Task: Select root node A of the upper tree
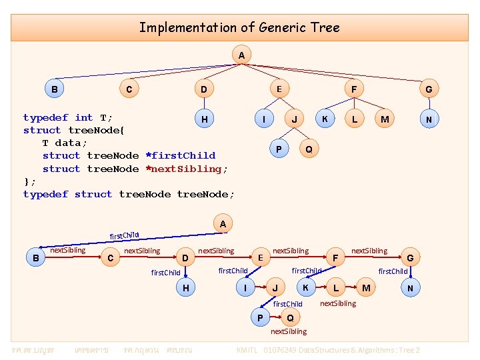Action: click(x=241, y=54)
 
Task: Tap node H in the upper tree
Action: click(x=204, y=119)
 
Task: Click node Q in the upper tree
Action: click(x=308, y=149)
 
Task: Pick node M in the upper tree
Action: click(x=384, y=119)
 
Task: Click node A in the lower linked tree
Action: click(x=223, y=224)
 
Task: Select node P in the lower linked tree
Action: click(x=260, y=317)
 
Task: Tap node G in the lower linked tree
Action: click(x=410, y=257)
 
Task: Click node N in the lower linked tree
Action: click(x=410, y=288)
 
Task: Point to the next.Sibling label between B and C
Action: click(x=68, y=250)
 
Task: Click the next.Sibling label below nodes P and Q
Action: click(x=289, y=331)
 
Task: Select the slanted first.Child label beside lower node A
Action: click(x=124, y=235)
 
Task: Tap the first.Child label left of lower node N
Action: click(x=393, y=271)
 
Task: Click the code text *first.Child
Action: click(x=180, y=155)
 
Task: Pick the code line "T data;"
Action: click(x=65, y=143)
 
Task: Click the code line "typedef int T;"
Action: click(x=68, y=117)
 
